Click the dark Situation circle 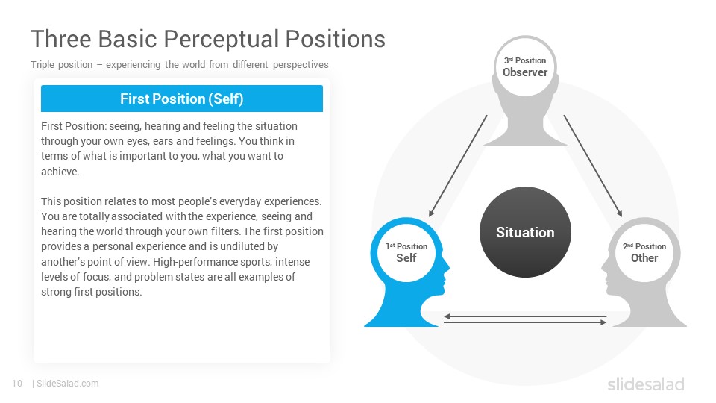click(525, 232)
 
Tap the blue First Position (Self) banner click(182, 99)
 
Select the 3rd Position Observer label click(525, 66)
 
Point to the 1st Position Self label click(406, 252)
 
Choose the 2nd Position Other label click(644, 252)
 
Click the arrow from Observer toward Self click(458, 166)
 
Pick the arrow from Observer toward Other click(593, 166)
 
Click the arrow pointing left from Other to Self click(525, 316)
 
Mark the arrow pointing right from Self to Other click(525, 322)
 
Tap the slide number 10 click(17, 384)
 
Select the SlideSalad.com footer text click(68, 384)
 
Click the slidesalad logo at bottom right click(646, 384)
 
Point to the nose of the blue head click(447, 267)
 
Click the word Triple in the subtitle click(43, 65)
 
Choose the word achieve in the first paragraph click(60, 172)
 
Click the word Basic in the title click(128, 39)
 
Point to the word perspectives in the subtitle click(301, 65)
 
